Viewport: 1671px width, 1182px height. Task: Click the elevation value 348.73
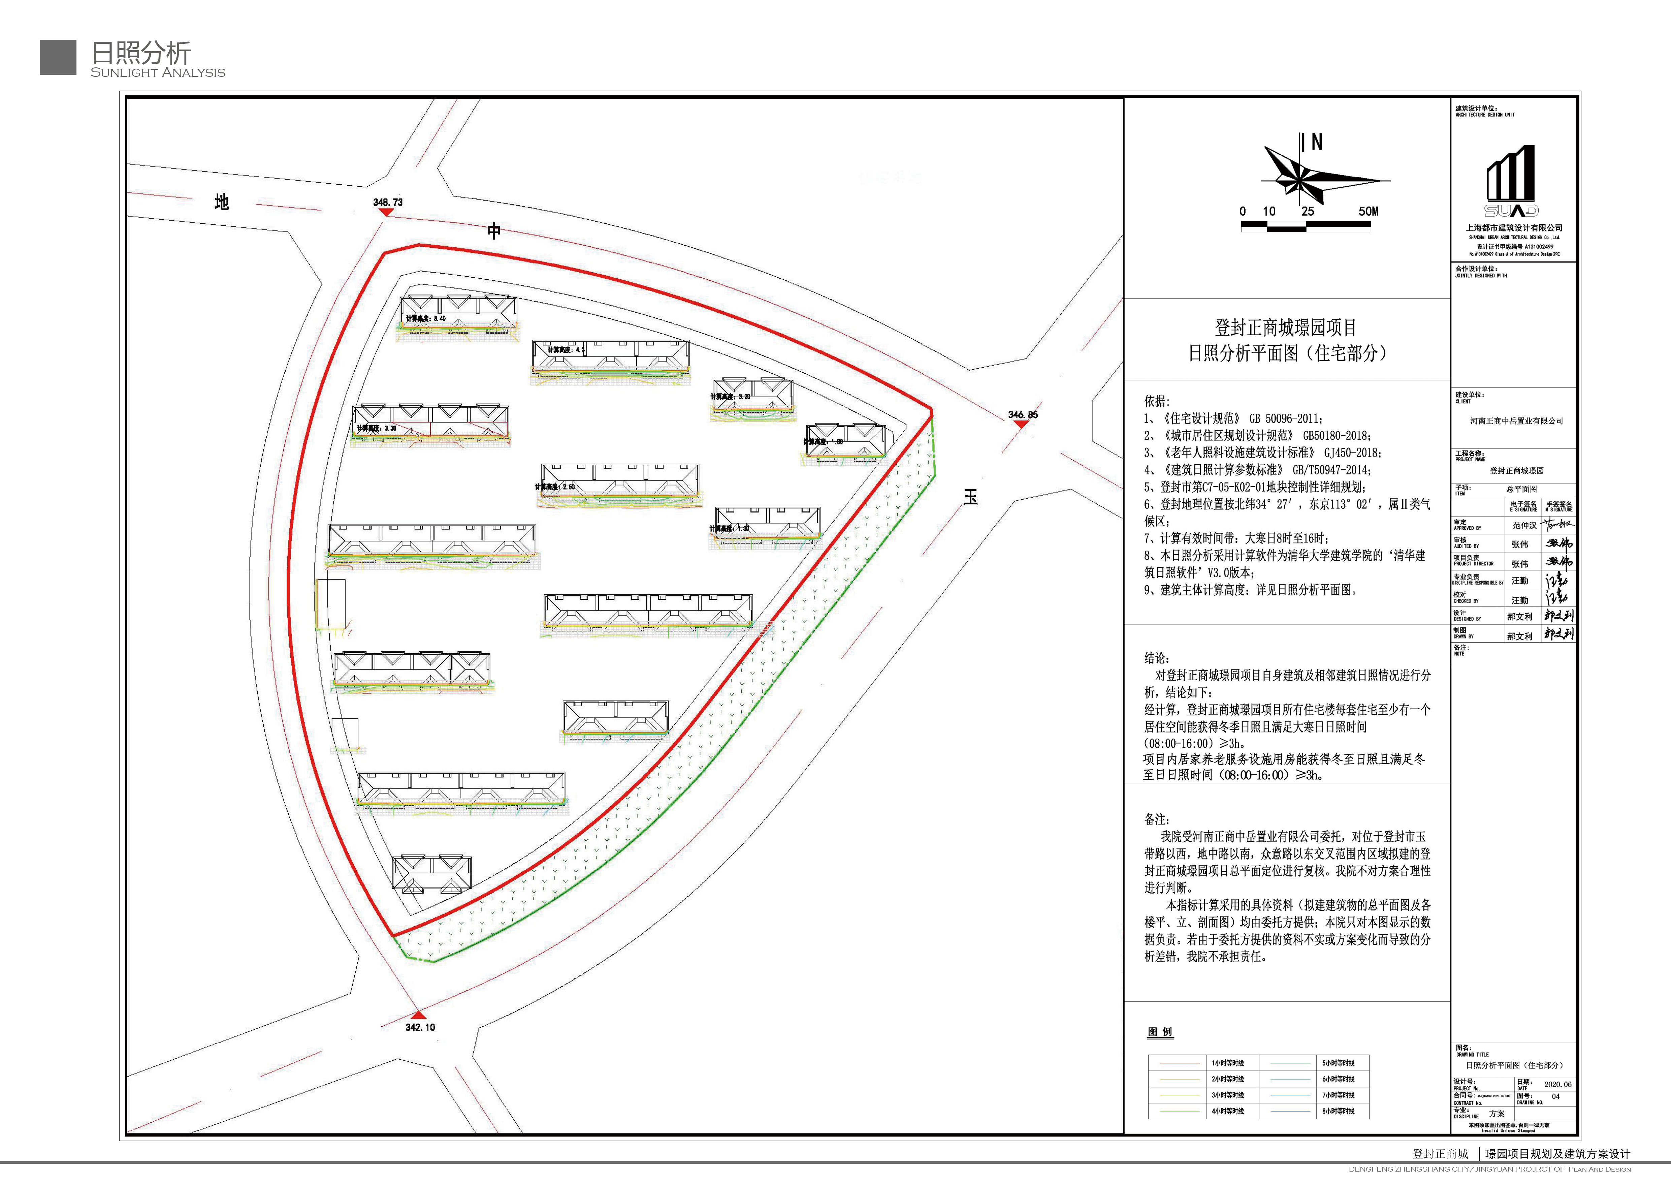pyautogui.click(x=387, y=203)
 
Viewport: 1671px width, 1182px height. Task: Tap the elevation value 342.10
pyautogui.click(x=420, y=1027)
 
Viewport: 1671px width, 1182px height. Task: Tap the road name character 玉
pyautogui.click(x=970, y=497)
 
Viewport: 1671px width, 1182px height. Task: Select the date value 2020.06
pyautogui.click(x=1557, y=1085)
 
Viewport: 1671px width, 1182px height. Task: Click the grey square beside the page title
pyautogui.click(x=58, y=57)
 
